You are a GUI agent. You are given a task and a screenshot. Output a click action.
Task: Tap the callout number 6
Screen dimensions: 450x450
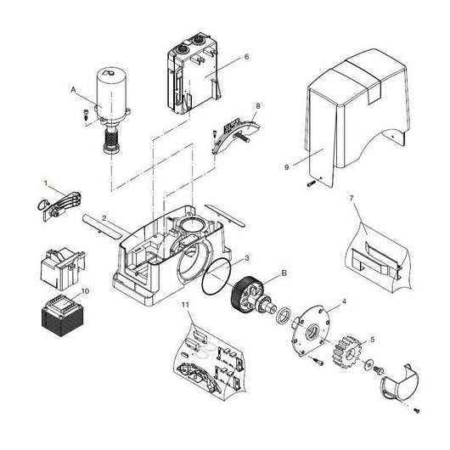[x=245, y=56]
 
